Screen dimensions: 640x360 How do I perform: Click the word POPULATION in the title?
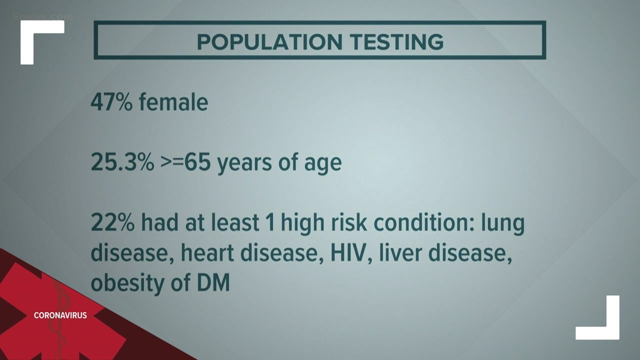(x=269, y=42)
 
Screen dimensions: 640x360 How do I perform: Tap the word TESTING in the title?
(x=397, y=42)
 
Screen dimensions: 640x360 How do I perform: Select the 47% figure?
(x=111, y=102)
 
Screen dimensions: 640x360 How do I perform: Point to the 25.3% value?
(x=122, y=162)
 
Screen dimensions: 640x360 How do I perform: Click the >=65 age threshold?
(x=185, y=162)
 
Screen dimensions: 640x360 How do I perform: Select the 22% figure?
(x=112, y=222)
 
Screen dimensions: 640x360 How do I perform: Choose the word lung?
(x=503, y=223)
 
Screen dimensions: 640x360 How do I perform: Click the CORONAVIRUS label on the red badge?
(x=60, y=315)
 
